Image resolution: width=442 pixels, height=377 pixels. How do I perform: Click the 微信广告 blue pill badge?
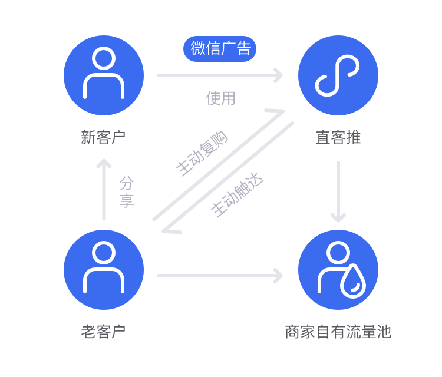(220, 49)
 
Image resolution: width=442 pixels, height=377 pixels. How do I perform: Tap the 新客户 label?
(103, 137)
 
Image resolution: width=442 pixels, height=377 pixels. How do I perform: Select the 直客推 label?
(338, 137)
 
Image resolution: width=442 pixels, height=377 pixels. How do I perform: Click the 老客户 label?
(103, 332)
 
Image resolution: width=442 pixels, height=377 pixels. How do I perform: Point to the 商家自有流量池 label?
(338, 332)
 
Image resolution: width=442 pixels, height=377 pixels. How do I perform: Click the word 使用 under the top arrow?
(221, 98)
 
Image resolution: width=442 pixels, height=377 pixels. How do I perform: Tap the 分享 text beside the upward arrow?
(127, 192)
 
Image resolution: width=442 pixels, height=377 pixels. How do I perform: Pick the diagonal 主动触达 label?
(237, 195)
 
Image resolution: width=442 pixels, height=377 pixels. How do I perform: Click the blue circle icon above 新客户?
(104, 75)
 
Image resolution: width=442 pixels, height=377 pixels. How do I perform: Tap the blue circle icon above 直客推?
(338, 75)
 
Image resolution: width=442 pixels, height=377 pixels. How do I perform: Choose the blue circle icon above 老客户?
(104, 270)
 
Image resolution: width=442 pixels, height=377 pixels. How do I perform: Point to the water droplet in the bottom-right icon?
(353, 282)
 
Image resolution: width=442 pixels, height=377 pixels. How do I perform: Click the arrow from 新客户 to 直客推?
(219, 75)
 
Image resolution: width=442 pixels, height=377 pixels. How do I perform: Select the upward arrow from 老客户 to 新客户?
(104, 188)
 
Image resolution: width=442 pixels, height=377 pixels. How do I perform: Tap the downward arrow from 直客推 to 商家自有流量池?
(338, 191)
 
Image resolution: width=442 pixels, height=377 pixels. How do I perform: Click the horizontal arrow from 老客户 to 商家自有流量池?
(219, 275)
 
